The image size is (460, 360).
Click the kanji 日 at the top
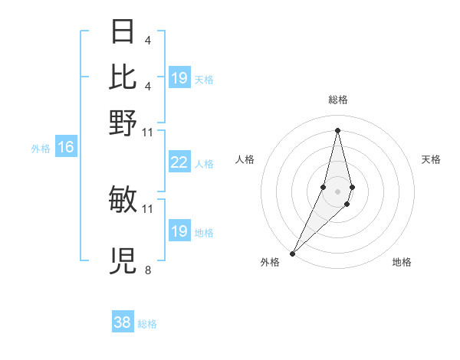tap(123, 32)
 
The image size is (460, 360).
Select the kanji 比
tap(123, 77)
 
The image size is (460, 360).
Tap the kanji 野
tap(123, 123)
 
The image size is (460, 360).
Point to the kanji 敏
tap(123, 200)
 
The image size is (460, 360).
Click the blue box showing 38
tap(123, 322)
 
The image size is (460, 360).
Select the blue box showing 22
tap(179, 162)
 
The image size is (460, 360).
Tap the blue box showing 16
tap(66, 148)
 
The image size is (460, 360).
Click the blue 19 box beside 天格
tap(179, 78)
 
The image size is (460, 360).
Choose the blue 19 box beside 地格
tap(179, 231)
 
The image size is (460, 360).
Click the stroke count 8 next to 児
tap(147, 270)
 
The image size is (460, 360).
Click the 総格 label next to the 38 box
tap(147, 324)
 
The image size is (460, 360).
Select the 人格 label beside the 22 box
tap(203, 164)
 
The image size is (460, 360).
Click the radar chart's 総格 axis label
tap(337, 100)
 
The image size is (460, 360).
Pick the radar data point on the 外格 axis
tap(293, 254)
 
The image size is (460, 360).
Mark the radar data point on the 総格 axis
tap(337, 130)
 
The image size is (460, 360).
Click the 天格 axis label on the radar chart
tap(431, 159)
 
